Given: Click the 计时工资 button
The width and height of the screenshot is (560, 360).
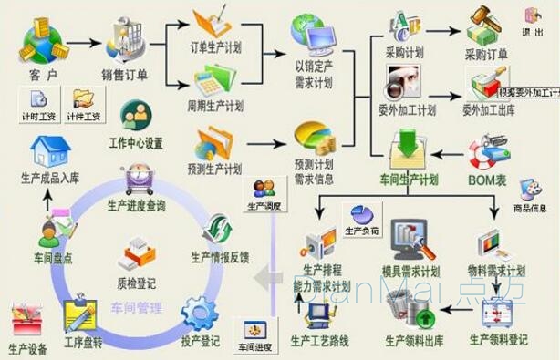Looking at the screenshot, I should pos(37,107).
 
